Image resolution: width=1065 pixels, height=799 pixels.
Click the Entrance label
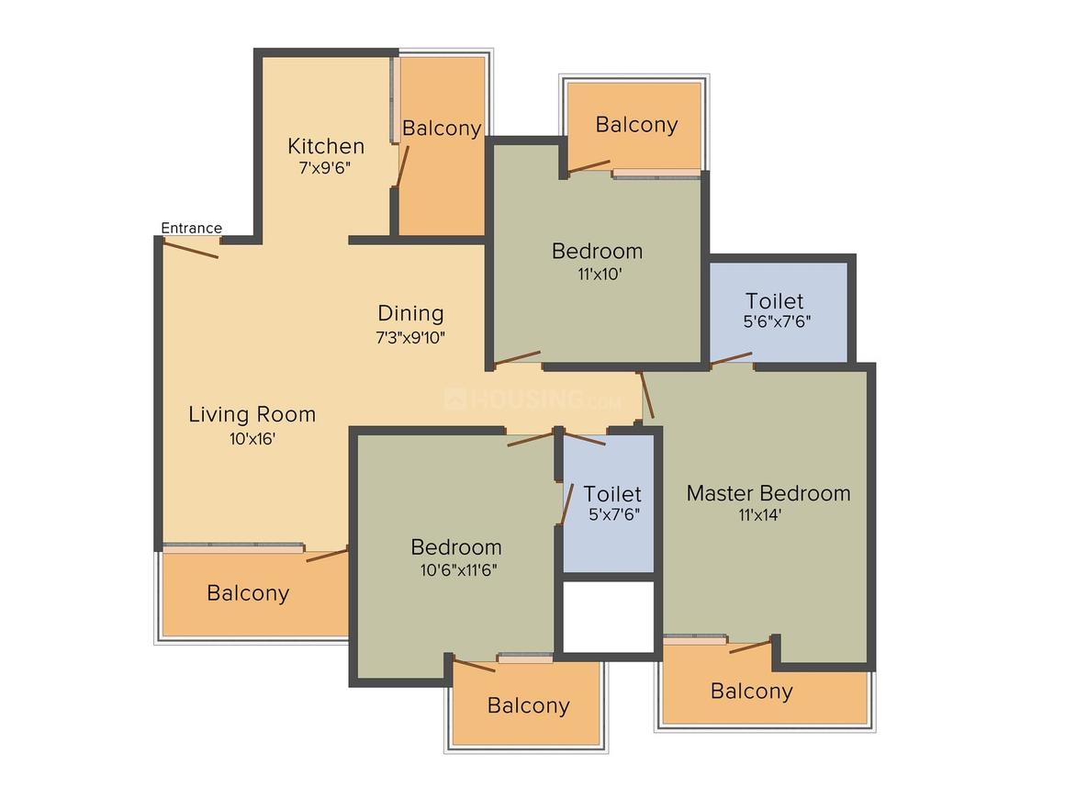192,229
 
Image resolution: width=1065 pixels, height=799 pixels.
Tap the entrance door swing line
191,249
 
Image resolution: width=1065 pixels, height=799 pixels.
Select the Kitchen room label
326,146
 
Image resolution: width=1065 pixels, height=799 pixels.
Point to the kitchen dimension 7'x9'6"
325,168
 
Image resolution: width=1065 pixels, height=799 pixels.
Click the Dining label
411,313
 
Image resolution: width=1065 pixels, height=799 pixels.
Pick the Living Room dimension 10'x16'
252,439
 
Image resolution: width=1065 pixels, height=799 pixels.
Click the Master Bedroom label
768,493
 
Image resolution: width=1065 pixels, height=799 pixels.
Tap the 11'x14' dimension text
760,515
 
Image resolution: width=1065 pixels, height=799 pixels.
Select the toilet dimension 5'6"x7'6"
777,321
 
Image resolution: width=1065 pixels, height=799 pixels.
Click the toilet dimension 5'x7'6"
614,514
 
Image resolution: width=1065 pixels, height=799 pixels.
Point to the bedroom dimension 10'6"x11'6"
458,569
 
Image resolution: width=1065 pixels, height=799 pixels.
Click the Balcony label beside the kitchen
442,128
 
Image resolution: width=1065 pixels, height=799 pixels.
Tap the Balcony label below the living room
248,593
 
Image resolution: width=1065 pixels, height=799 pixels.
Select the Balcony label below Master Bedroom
751,691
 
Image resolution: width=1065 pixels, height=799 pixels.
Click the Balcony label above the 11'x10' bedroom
636,124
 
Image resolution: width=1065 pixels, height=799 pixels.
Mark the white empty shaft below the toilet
609,616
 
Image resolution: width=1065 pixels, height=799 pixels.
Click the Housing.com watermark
532,399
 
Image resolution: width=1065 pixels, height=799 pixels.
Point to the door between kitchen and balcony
402,166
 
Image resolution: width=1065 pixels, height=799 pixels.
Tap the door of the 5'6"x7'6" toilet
732,359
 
